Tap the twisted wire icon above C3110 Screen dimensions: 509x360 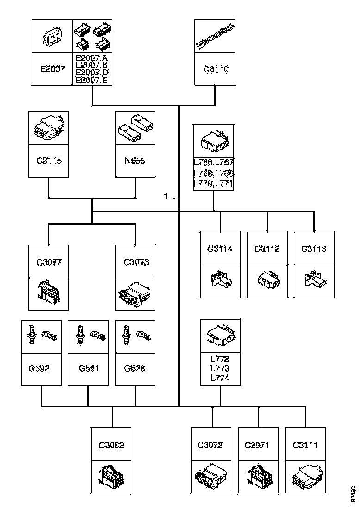(x=214, y=37)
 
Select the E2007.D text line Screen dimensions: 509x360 (x=92, y=73)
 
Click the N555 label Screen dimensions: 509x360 (x=135, y=161)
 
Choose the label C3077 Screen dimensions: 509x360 (x=49, y=262)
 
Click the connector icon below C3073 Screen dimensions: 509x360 (x=135, y=293)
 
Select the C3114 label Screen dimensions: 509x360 (x=220, y=249)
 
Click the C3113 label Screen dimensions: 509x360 (x=314, y=249)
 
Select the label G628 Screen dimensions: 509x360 (x=135, y=369)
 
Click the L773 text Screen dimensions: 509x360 (x=220, y=369)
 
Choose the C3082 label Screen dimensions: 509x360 (x=112, y=445)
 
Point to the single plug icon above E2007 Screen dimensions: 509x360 (x=52, y=37)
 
